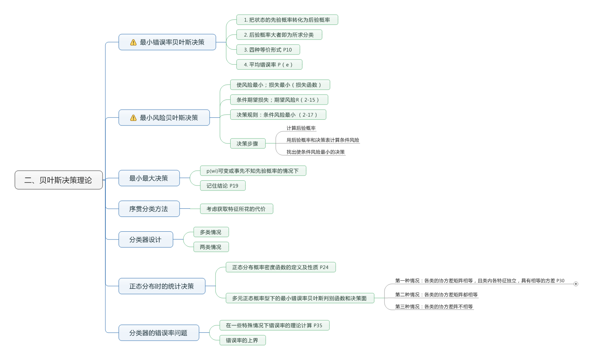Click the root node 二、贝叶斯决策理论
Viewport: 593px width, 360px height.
59,180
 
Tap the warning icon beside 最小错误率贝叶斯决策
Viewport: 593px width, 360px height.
133,42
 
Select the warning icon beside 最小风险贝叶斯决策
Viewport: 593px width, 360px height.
133,118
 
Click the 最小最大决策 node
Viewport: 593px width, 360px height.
149,178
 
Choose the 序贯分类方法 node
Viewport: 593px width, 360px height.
149,209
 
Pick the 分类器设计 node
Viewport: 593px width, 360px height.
145,239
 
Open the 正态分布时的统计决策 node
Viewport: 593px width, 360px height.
162,286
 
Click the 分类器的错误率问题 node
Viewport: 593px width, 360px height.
159,333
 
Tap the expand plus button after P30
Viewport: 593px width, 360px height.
576,284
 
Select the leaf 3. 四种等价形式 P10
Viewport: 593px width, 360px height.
268,50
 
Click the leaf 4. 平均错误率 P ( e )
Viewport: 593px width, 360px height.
269,65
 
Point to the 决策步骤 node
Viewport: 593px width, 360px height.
248,143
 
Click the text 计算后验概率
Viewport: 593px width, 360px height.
301,128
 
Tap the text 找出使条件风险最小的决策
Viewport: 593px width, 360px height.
315,152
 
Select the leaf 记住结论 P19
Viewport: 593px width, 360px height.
222,186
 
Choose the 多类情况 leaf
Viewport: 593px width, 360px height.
211,232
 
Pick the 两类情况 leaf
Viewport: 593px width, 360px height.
211,247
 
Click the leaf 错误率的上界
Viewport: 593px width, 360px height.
242,340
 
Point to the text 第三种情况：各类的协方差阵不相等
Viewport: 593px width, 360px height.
434,307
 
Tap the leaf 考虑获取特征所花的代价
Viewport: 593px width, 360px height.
236,209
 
